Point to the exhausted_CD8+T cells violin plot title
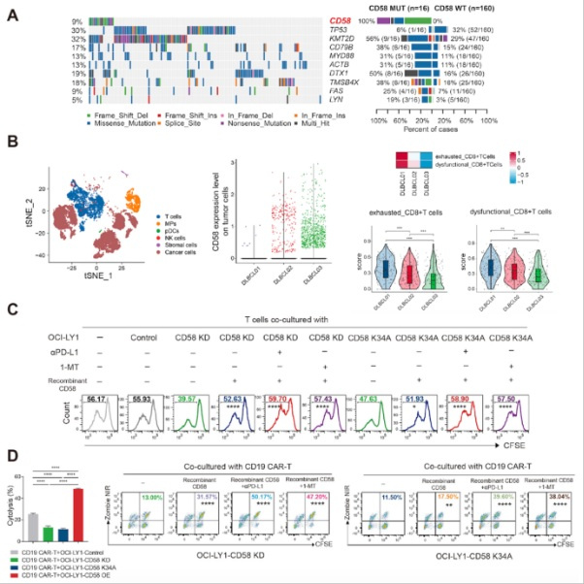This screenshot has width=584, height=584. [x=412, y=211]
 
